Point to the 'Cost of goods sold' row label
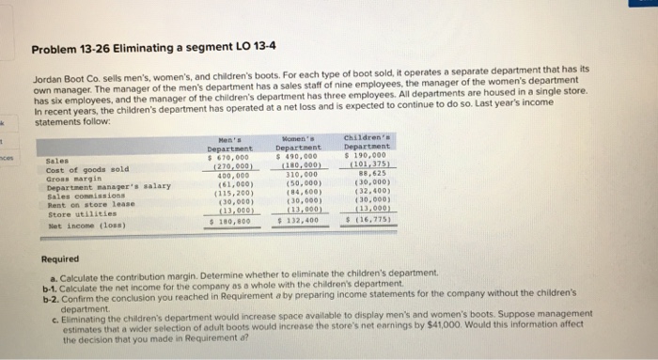(80, 168)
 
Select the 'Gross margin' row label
(68, 177)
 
